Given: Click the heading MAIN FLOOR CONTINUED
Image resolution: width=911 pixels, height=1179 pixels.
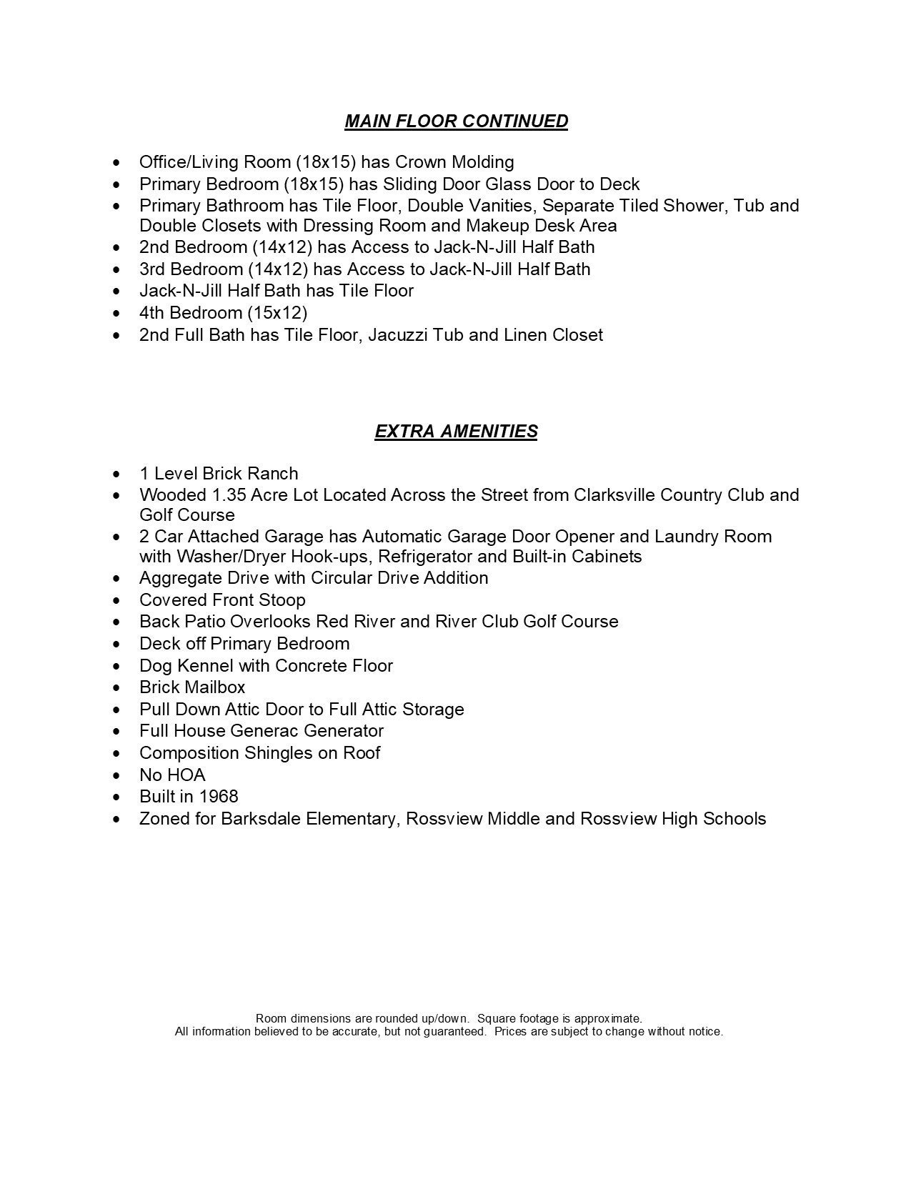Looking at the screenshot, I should coord(456,121).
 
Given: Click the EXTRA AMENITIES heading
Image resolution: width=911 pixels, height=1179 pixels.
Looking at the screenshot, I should coord(456,432).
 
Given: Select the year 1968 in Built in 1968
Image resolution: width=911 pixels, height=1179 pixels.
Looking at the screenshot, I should coord(219,797).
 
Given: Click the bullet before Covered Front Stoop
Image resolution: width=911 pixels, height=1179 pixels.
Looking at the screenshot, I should coord(117,601).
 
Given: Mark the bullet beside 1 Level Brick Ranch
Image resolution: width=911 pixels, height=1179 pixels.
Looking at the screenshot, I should coord(117,474).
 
